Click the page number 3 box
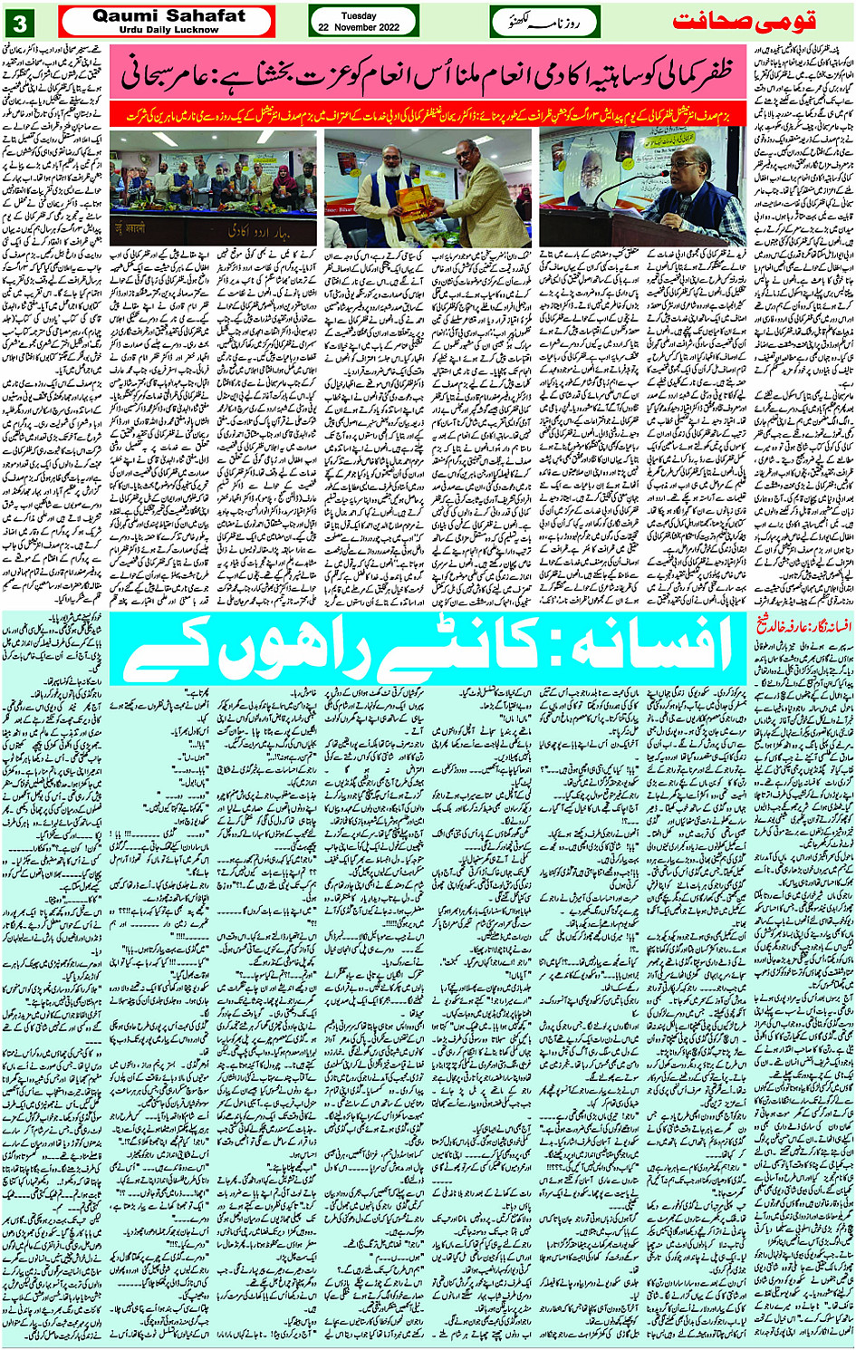tap(24, 23)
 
